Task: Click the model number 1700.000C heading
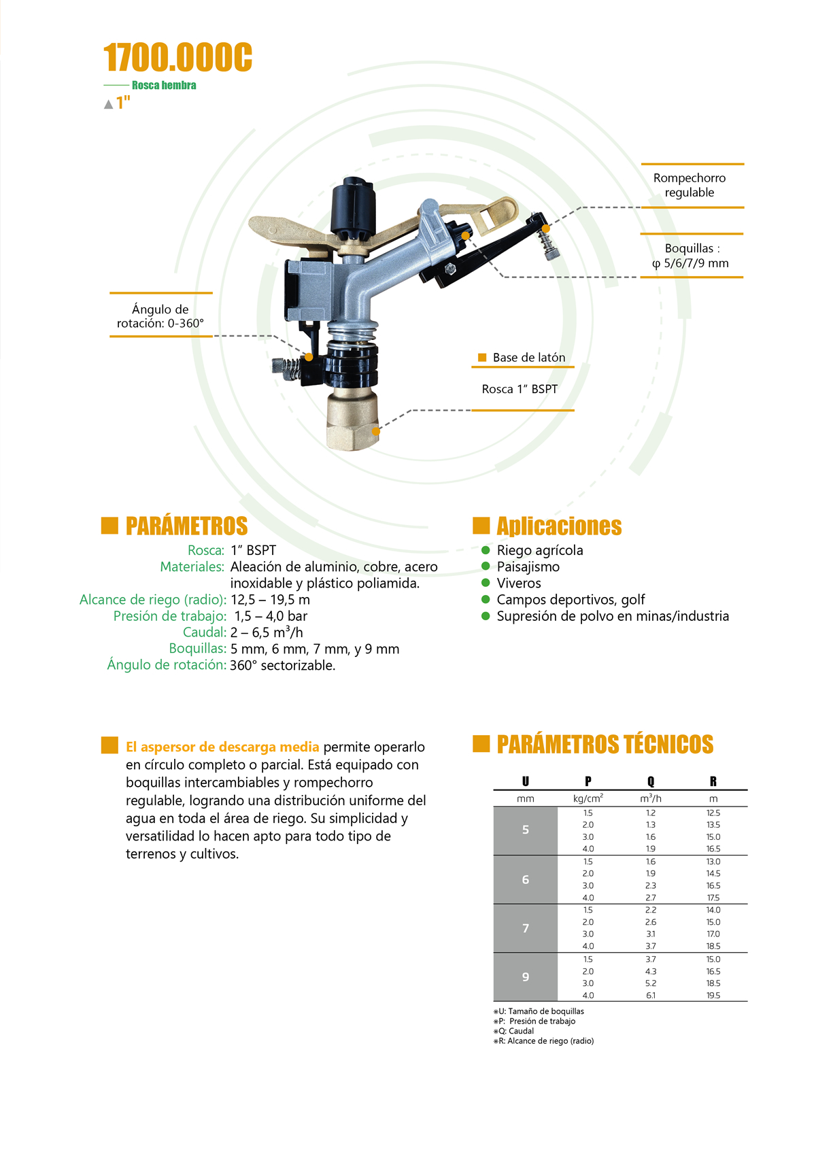pos(177,57)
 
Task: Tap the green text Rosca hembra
pos(164,86)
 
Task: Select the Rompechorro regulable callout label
pos(690,185)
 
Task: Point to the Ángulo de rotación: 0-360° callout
pos(160,316)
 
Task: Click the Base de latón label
pos(528,358)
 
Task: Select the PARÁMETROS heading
pos(186,526)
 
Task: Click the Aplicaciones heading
pos(559,526)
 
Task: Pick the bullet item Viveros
pos(519,583)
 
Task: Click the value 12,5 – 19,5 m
pos(270,600)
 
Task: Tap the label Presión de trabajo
pos(170,616)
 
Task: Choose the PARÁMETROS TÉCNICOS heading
pos(605,745)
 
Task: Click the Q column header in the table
pos(651,781)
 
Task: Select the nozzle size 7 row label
pos(526,928)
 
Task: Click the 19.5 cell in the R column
pos(713,996)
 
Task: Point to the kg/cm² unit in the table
pos(588,799)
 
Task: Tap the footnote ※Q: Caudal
pos(514,1031)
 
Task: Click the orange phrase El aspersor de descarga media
pos(222,747)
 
